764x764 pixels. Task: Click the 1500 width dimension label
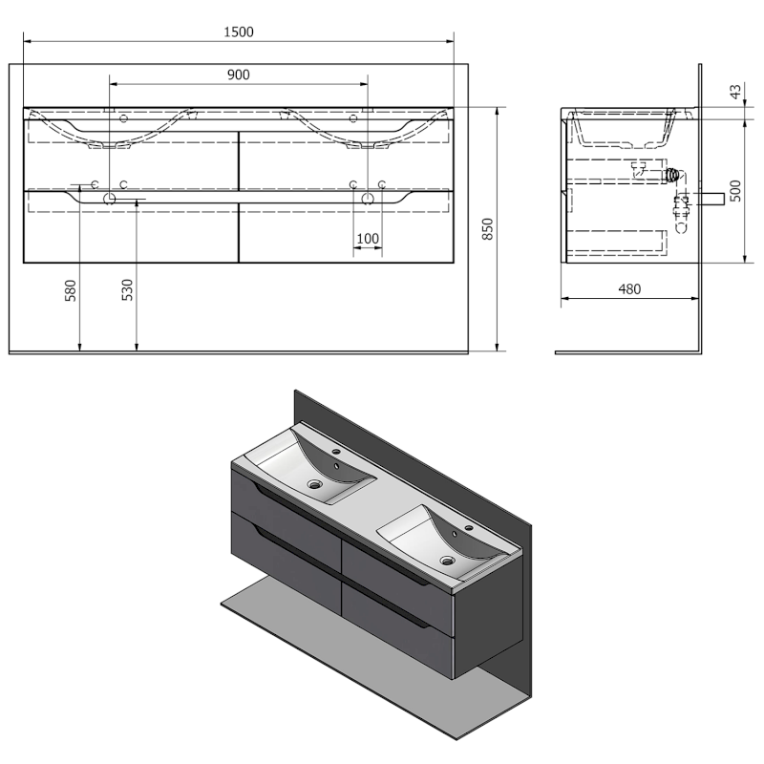239,32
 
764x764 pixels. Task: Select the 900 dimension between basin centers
238,75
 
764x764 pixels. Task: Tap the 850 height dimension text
488,229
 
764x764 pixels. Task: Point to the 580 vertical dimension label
71,290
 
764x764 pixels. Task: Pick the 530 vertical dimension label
127,290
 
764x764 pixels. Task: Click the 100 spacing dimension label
368,239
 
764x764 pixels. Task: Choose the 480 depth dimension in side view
629,289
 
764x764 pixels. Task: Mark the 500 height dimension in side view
735,190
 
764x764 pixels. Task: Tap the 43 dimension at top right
735,92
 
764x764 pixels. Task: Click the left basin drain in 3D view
314,484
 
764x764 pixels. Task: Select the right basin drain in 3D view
447,561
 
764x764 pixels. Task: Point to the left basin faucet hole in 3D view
336,452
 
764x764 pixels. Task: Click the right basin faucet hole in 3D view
470,527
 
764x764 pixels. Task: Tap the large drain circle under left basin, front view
109,199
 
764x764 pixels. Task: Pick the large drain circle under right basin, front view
368,199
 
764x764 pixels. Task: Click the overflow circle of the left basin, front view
123,118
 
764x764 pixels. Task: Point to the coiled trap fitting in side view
673,176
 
